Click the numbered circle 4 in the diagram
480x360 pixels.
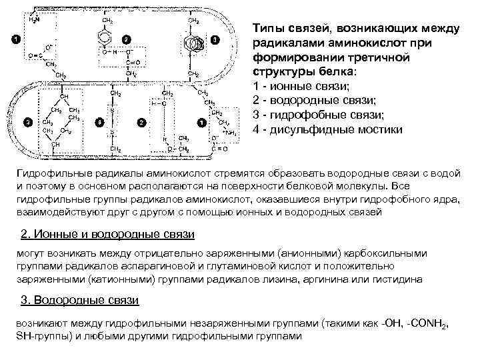pos(99,123)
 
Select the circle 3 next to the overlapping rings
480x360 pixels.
pos(214,40)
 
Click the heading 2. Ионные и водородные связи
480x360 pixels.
pos(108,235)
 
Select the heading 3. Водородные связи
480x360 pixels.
pos(79,300)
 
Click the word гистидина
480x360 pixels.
pos(395,280)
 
